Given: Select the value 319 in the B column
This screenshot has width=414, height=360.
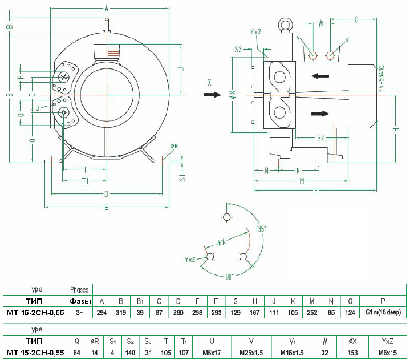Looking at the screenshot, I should tap(121, 313).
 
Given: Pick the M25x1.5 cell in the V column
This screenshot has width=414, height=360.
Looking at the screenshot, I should tap(251, 353).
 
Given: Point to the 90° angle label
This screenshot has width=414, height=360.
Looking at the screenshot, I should tap(229, 276).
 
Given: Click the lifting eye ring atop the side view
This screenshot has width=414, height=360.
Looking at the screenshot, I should tap(283, 24).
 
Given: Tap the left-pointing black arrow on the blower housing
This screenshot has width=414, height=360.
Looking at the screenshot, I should tap(321, 75).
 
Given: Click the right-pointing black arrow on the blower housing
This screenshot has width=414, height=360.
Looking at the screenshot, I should tap(320, 114).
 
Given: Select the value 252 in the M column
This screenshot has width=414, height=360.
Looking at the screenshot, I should tap(311, 313).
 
